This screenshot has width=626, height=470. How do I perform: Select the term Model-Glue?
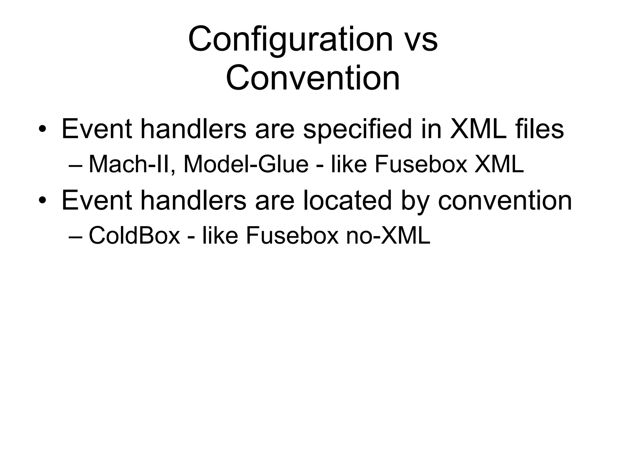(246, 164)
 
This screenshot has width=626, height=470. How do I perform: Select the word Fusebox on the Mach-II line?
(421, 164)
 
